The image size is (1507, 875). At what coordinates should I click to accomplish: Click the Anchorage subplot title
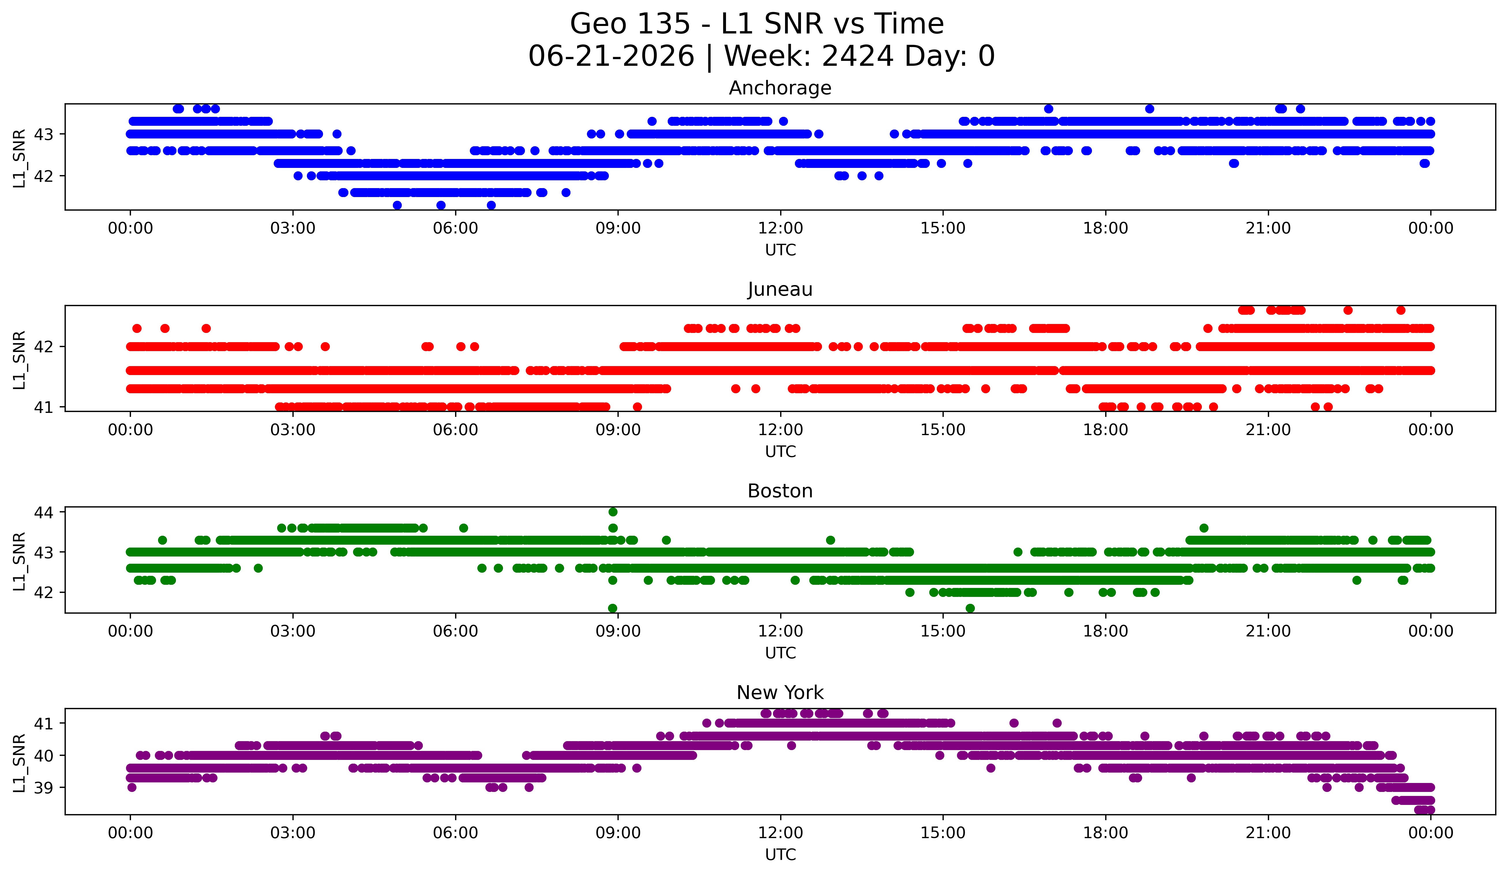point(780,88)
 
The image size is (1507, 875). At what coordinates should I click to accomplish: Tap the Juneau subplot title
point(780,289)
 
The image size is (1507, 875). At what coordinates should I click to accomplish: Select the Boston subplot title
point(780,491)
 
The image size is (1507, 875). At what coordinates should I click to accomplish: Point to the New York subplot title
point(780,693)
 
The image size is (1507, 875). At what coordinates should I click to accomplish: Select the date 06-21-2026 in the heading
point(611,56)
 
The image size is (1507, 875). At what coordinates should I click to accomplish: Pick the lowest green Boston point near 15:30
point(970,608)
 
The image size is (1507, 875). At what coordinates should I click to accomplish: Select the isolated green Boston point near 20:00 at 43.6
point(1204,528)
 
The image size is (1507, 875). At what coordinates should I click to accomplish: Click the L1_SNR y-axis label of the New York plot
point(19,763)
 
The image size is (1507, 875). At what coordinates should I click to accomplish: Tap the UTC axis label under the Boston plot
point(780,653)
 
